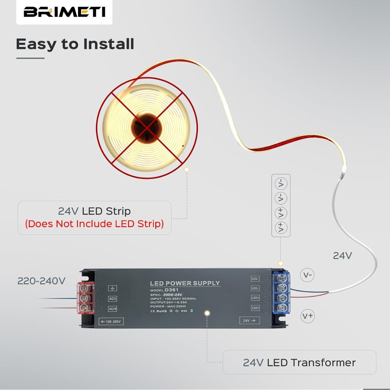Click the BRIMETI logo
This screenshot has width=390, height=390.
tap(64, 12)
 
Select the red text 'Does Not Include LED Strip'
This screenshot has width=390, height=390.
tap(94, 224)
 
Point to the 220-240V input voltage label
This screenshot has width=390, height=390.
tap(41, 281)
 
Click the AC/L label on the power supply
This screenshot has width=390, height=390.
tap(113, 299)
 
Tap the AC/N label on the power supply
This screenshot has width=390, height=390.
tap(113, 309)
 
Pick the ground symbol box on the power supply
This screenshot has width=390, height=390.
tap(113, 288)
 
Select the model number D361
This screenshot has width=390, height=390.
tap(172, 290)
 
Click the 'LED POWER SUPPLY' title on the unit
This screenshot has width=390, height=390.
tap(185, 283)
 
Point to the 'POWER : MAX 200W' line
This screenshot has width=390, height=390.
tap(168, 306)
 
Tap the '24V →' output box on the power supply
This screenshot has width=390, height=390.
tap(249, 320)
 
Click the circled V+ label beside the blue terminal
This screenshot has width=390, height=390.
tap(308, 316)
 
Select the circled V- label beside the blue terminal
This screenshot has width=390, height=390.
tap(307, 275)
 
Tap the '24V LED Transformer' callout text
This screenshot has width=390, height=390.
tap(299, 363)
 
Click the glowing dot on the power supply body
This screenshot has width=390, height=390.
tap(207, 313)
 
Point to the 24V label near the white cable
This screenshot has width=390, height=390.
tap(342, 256)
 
